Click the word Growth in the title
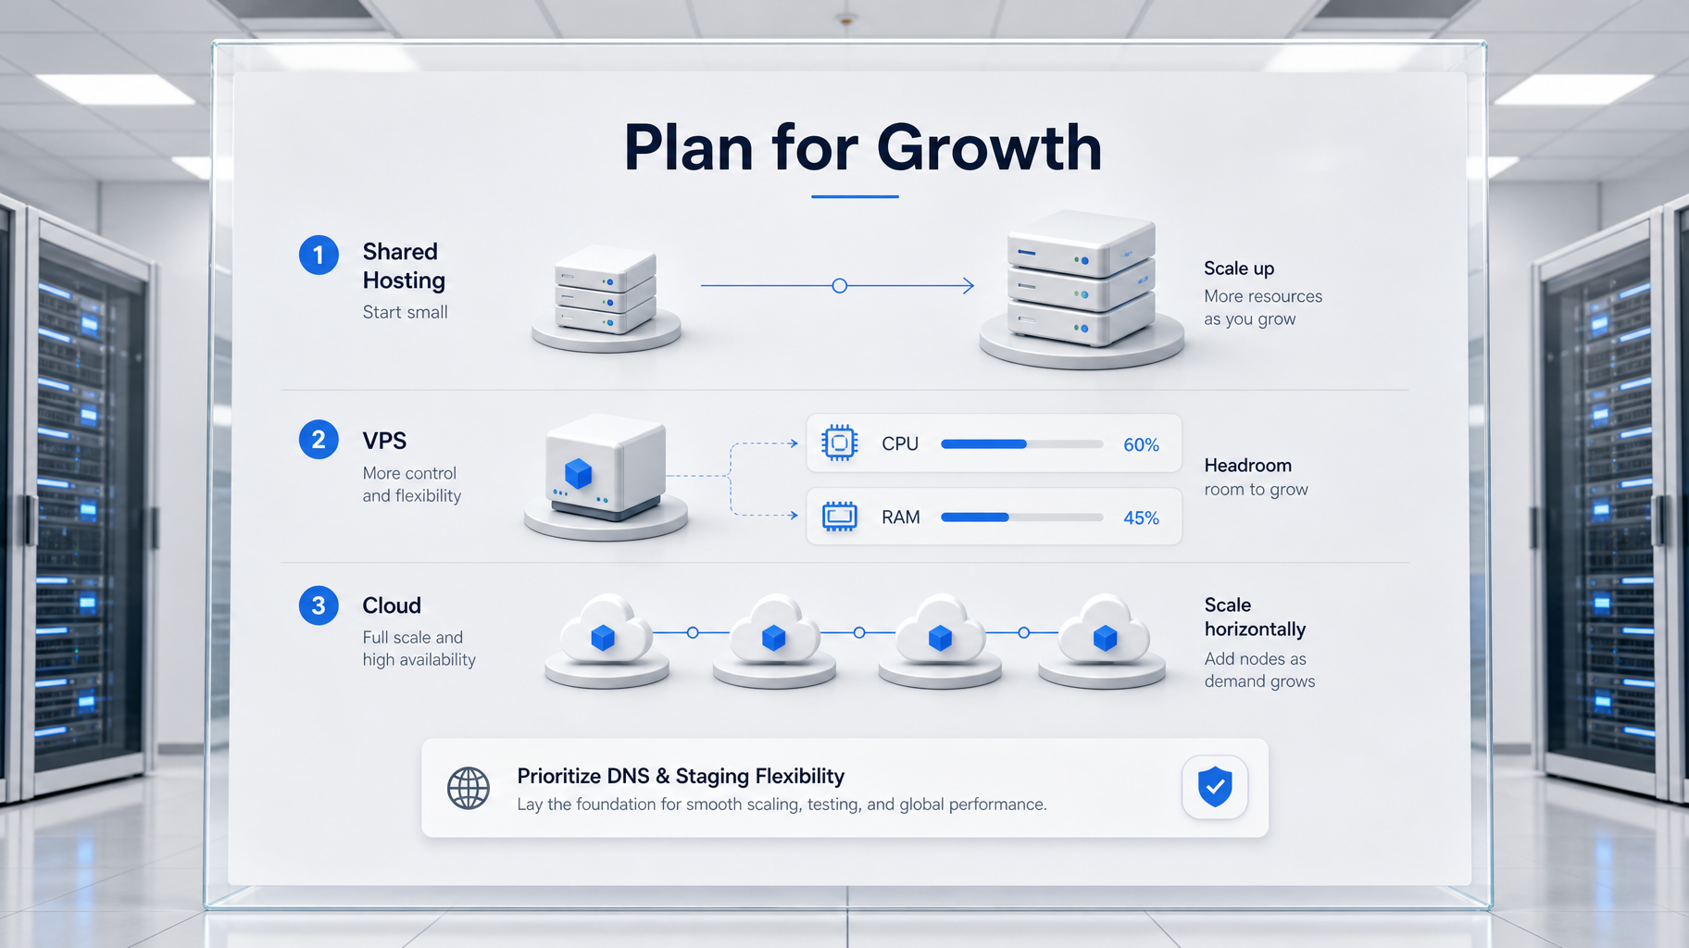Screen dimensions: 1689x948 (989, 148)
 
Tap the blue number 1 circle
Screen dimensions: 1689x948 (319, 255)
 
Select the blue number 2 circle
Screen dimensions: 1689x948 (319, 439)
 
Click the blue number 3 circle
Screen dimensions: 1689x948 (319, 605)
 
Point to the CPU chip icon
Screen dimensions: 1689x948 (840, 443)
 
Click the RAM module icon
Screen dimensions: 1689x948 (840, 517)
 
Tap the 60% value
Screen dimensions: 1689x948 (1141, 445)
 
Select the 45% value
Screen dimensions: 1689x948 (1141, 518)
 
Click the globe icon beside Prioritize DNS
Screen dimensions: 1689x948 (469, 788)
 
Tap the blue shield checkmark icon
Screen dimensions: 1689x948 (1215, 787)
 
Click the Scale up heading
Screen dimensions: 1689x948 (1239, 268)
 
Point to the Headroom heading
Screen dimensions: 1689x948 (1247, 465)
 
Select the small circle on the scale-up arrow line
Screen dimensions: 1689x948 (840, 286)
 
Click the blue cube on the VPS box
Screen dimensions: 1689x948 (579, 473)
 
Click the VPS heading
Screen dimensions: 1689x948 (384, 441)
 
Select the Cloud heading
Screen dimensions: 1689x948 (392, 605)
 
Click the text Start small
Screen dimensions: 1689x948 (405, 312)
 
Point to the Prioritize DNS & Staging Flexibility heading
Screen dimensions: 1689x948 (681, 776)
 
